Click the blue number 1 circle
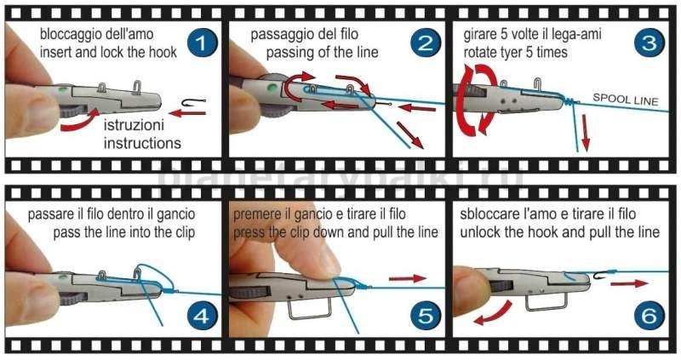point(202,43)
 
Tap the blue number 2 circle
point(426,43)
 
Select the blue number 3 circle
point(649,43)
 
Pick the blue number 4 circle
point(202,316)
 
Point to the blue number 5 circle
point(426,316)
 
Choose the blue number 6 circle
point(649,316)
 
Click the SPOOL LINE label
point(626,99)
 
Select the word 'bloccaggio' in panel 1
point(68,35)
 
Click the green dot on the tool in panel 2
point(273,88)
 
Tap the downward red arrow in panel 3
point(586,133)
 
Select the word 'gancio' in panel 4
point(175,215)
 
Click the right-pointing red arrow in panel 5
point(408,278)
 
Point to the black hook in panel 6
point(602,275)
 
